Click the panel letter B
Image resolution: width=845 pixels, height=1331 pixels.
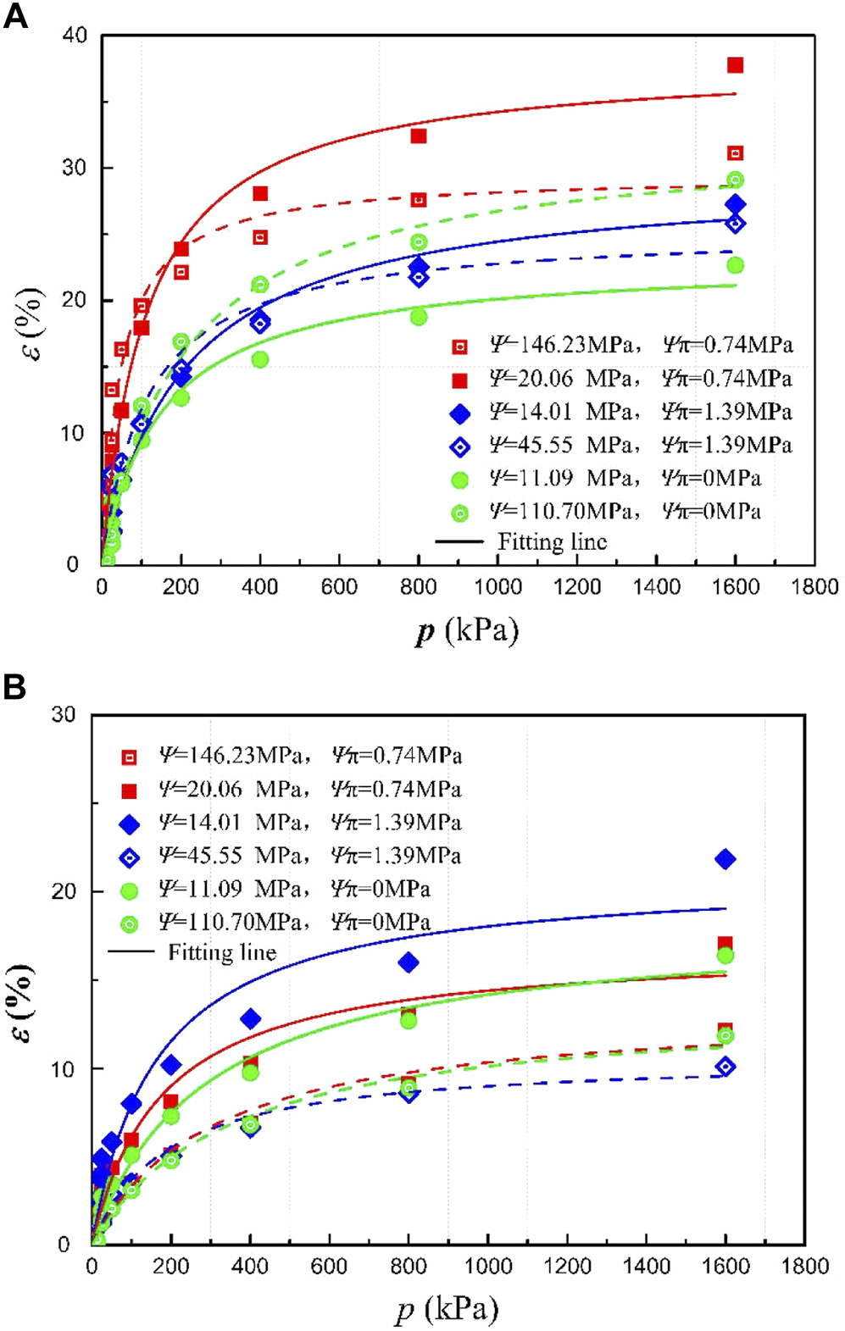coord(14,686)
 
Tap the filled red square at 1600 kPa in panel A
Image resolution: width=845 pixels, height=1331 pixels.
coord(735,65)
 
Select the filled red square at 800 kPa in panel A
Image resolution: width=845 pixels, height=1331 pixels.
coord(418,136)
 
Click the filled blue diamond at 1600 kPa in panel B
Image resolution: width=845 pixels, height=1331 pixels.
coord(725,859)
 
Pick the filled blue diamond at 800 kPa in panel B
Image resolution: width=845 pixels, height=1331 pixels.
coord(409,962)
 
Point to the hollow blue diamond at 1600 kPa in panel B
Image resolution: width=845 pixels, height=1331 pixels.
coord(725,1067)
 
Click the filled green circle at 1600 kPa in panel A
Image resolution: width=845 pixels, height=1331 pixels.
coord(735,265)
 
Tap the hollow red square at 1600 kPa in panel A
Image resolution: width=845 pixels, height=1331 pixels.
coord(735,153)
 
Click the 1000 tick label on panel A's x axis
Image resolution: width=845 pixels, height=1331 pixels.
coord(498,586)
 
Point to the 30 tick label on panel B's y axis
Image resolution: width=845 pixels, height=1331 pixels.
coord(64,714)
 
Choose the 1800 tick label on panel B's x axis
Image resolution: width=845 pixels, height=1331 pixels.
coord(804,1267)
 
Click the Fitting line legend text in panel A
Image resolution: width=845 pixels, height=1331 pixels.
coord(552,541)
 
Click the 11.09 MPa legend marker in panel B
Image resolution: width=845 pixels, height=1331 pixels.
coord(129,890)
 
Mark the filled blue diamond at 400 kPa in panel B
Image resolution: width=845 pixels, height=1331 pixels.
coord(250,1019)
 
